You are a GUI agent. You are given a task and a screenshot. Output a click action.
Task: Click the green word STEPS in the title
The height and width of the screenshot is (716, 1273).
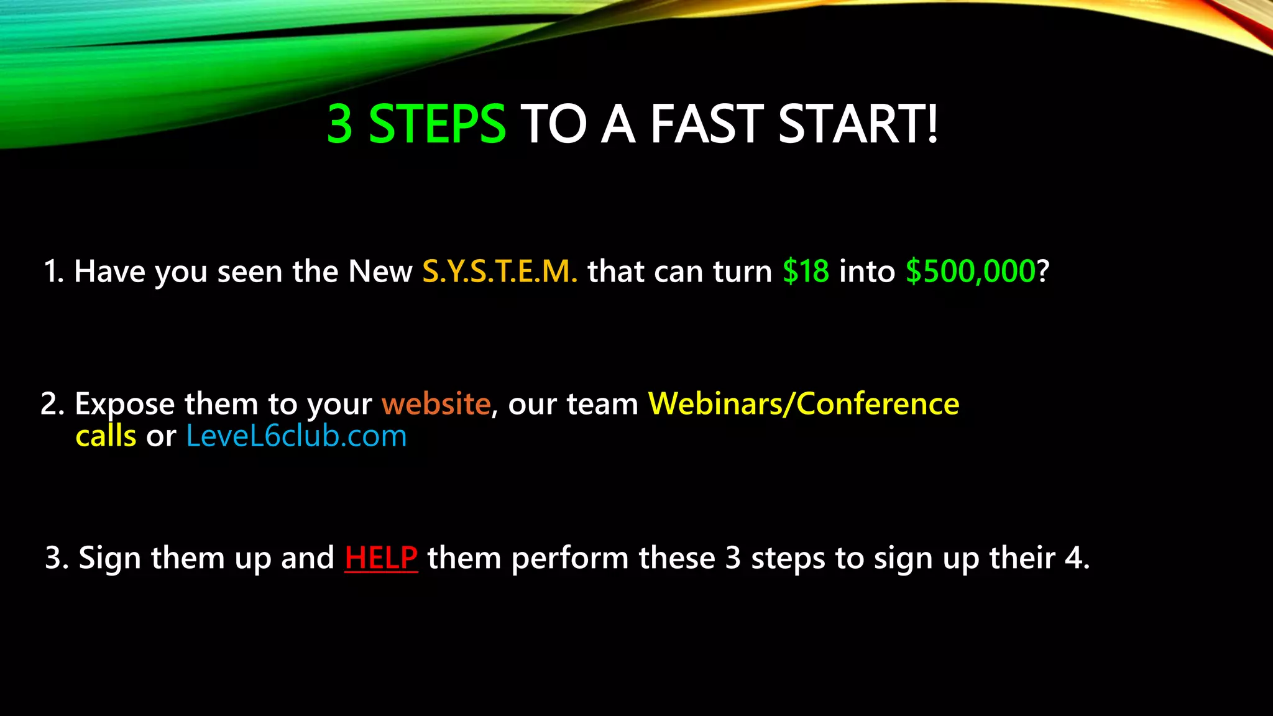tap(437, 124)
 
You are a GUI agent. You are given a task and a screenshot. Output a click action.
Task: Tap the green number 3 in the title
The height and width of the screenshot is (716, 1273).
tap(340, 124)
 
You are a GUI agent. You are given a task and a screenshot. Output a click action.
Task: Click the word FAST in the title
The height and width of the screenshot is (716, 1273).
tap(707, 124)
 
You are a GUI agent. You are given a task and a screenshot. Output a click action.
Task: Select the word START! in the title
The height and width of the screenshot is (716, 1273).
tap(858, 124)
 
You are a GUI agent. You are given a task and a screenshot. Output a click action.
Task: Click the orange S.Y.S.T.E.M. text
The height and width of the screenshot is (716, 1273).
tap(500, 272)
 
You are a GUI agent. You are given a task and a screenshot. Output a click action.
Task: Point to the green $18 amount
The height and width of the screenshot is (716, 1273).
tap(806, 272)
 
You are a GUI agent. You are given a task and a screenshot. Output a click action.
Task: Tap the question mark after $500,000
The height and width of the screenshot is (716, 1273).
tap(1043, 272)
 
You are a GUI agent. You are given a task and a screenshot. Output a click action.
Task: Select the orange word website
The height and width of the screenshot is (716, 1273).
tap(436, 404)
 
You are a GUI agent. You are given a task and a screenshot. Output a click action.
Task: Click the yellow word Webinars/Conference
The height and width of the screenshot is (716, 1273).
tap(804, 404)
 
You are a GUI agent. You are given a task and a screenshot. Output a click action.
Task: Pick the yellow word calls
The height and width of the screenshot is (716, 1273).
tap(106, 436)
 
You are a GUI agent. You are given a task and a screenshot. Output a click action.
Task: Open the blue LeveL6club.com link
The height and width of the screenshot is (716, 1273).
tap(296, 436)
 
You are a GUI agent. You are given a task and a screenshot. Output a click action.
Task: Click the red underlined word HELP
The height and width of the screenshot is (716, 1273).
tap(381, 558)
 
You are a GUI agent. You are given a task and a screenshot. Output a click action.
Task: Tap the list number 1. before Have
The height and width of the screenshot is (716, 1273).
tap(53, 272)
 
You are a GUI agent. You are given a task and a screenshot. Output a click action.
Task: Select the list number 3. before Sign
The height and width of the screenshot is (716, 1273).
tap(57, 558)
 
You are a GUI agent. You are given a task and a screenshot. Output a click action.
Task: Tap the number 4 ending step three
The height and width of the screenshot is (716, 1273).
tap(1074, 558)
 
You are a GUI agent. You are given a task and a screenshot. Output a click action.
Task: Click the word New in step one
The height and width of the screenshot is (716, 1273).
tap(380, 272)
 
